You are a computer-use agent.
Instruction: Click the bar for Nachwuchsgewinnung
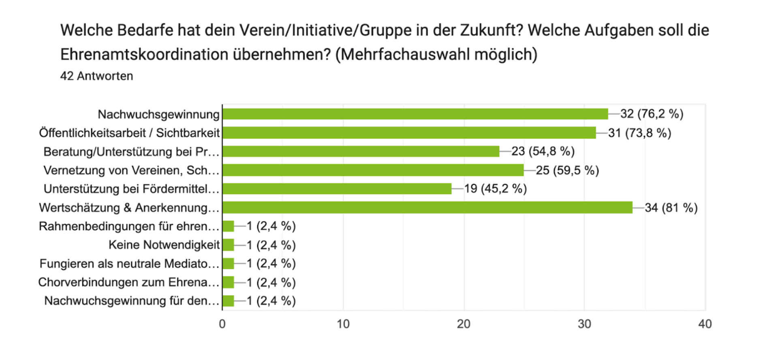click(x=415, y=114)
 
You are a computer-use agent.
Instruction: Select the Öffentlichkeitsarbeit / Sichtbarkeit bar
click(x=409, y=133)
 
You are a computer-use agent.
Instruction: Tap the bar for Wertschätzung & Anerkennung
click(x=427, y=208)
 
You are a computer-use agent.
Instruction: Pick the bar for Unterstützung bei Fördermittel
click(x=337, y=189)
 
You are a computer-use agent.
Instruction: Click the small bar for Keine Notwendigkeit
click(x=228, y=245)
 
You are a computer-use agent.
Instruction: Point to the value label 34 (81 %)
click(x=671, y=208)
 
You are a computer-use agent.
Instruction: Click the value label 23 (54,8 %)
click(x=543, y=151)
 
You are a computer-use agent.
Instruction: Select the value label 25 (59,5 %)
click(x=567, y=170)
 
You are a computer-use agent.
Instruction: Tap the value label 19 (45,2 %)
click(x=495, y=189)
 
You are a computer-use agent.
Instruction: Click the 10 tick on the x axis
click(x=343, y=324)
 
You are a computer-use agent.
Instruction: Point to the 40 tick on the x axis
click(x=705, y=324)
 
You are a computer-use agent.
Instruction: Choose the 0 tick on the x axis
click(x=222, y=324)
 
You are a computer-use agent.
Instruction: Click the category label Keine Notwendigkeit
click(x=164, y=245)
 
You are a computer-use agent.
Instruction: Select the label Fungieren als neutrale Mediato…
click(x=129, y=264)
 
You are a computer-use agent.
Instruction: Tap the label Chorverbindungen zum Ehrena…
click(x=128, y=282)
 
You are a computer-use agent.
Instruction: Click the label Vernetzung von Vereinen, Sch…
click(x=131, y=170)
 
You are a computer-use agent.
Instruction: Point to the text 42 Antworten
click(x=96, y=76)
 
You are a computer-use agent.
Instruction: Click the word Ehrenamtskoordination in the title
click(x=144, y=54)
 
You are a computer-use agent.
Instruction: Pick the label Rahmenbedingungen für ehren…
click(x=129, y=226)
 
